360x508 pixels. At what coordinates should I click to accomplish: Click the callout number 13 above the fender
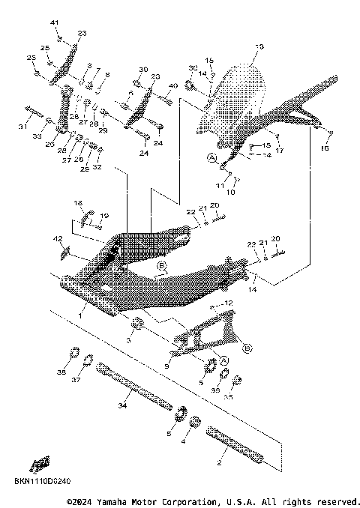coord(260,47)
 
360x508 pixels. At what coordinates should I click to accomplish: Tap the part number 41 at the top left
coord(54,24)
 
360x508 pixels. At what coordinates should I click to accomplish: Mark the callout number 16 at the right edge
coord(325,149)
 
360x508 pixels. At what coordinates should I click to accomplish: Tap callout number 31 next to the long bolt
coord(22,126)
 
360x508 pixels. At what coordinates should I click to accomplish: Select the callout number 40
coord(174,86)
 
